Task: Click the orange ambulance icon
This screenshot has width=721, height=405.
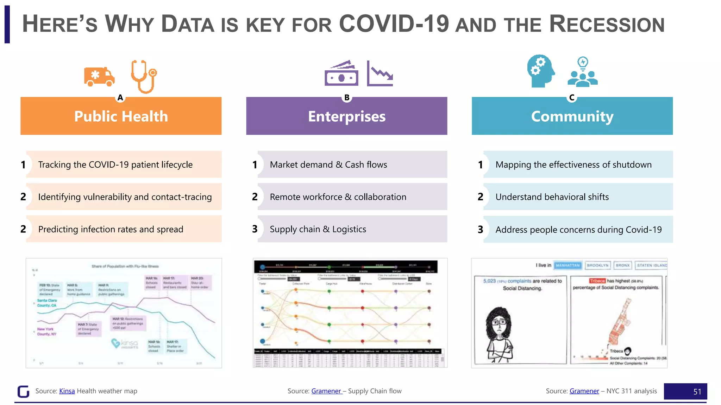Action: (x=99, y=77)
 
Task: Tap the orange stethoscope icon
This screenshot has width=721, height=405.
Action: (x=143, y=76)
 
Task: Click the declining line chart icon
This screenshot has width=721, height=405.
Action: (x=380, y=74)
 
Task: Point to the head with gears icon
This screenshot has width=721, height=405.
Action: (x=541, y=71)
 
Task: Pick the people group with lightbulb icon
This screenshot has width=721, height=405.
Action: (x=583, y=72)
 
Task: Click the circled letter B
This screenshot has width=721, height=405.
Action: (x=347, y=97)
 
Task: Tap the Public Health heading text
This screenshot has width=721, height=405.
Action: (x=121, y=116)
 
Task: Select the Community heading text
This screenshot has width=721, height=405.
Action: (x=572, y=116)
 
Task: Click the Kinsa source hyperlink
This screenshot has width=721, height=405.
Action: (x=67, y=391)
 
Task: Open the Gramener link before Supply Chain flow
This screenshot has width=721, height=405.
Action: (x=326, y=391)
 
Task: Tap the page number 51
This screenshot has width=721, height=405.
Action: (x=697, y=392)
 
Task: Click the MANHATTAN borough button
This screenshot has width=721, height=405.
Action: (x=568, y=265)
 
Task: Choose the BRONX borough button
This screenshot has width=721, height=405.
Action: (x=622, y=265)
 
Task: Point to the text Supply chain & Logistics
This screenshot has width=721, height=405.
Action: (x=318, y=229)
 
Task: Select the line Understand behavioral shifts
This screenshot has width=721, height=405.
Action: (x=552, y=197)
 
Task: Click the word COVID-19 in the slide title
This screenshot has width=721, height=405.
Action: (x=394, y=24)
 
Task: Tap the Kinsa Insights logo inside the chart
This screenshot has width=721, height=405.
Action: (x=125, y=343)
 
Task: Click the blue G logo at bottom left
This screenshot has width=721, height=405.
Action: (x=24, y=391)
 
